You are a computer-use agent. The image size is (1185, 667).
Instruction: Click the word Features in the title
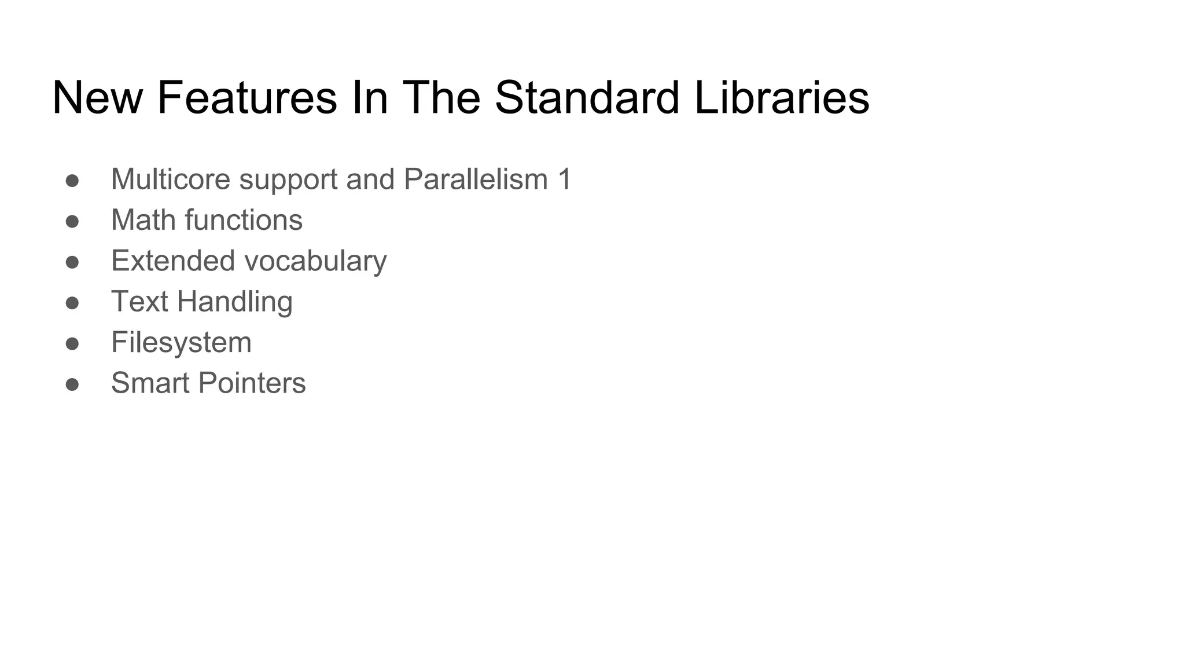click(x=247, y=98)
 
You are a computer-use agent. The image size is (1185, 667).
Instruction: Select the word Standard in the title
click(x=587, y=98)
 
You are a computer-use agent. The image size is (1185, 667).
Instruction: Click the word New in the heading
click(x=97, y=98)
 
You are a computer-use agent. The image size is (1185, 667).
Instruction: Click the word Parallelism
click(x=476, y=179)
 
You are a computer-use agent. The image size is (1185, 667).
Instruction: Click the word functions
click(x=244, y=220)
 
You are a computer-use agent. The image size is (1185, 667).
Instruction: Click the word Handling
click(x=234, y=302)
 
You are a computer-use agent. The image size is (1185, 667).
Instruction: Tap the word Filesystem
click(x=181, y=343)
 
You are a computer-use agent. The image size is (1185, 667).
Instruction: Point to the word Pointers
click(x=252, y=383)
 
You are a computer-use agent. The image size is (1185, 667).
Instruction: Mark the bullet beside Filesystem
click(x=72, y=344)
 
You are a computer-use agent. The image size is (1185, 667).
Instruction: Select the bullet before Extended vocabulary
click(x=72, y=262)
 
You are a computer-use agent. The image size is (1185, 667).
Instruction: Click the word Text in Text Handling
click(x=139, y=302)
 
